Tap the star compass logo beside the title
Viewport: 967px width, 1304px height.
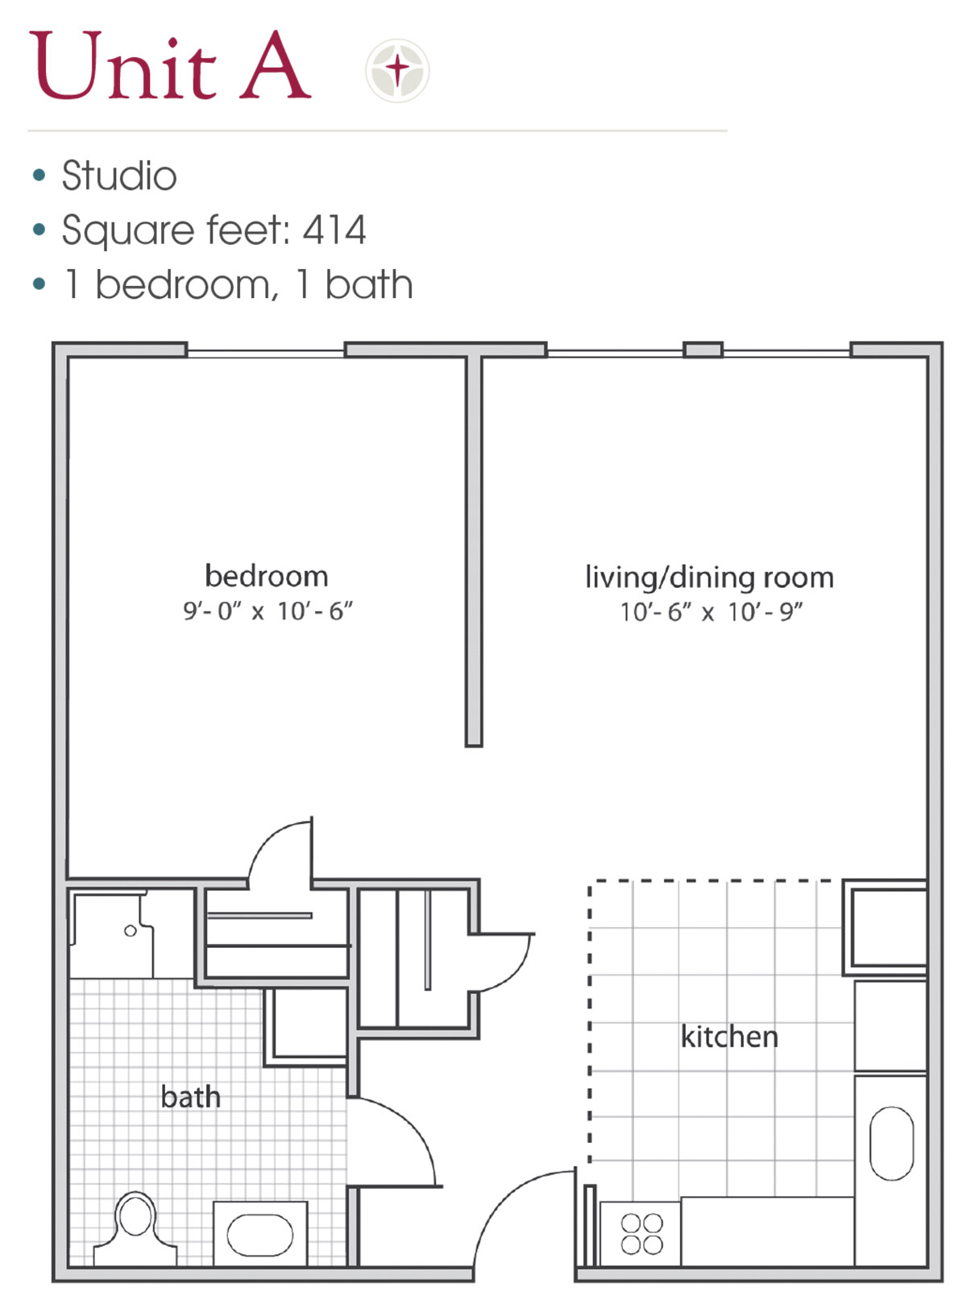coord(397,71)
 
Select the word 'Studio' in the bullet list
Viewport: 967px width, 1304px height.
coord(119,176)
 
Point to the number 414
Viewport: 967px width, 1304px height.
coord(334,230)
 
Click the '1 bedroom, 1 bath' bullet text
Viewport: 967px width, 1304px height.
coord(239,284)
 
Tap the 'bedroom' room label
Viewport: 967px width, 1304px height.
coord(267,576)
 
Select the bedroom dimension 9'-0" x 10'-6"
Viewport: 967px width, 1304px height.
coord(268,611)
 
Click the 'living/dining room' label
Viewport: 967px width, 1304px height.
coord(709,578)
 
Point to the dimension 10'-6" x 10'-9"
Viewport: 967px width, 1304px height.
coord(712,612)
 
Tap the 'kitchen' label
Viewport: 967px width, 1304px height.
coord(729,1036)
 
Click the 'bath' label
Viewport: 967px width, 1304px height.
coord(190,1096)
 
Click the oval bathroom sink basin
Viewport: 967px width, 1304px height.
coord(260,1235)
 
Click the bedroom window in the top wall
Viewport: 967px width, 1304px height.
coord(266,354)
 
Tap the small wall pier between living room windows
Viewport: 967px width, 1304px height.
coord(703,350)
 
